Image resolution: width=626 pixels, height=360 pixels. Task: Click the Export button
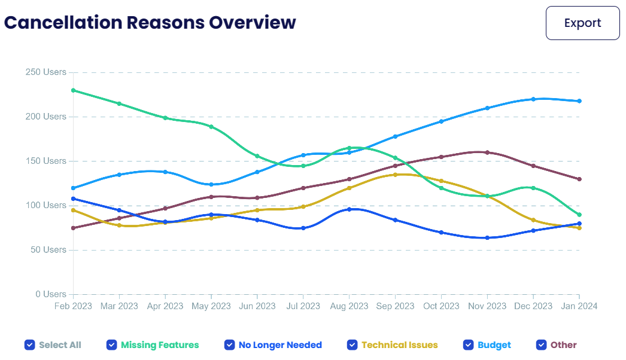click(x=582, y=23)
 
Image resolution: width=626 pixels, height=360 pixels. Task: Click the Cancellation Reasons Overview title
click(x=150, y=23)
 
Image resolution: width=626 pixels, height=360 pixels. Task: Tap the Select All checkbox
click(x=29, y=345)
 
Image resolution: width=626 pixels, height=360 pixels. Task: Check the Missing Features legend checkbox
click(x=111, y=345)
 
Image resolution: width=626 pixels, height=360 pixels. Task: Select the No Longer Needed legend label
click(x=280, y=345)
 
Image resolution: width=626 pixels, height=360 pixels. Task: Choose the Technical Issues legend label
click(x=400, y=345)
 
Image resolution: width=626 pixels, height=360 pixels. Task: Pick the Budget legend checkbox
click(x=468, y=345)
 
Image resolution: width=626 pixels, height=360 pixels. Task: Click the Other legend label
click(x=564, y=345)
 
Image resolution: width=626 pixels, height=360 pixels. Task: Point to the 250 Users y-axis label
click(x=46, y=72)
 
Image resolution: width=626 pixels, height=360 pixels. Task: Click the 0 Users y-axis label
click(x=51, y=294)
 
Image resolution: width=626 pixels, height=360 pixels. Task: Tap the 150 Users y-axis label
click(x=46, y=161)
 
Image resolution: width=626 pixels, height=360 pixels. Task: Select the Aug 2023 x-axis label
click(x=349, y=306)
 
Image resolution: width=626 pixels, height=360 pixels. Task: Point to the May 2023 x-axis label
click(x=211, y=306)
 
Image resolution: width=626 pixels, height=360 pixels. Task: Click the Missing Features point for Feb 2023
click(x=73, y=90)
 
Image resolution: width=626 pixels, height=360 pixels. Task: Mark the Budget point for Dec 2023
click(x=533, y=99)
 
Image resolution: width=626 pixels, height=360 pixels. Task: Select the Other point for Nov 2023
click(x=487, y=152)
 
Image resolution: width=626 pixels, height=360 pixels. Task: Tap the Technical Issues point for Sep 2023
click(x=395, y=175)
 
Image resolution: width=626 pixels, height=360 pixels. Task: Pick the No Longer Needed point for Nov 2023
click(x=487, y=238)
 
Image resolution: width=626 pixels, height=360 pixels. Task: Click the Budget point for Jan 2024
click(x=579, y=101)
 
